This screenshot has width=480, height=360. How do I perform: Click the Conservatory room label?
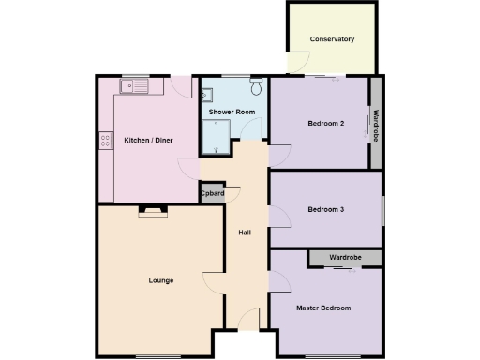pyautogui.click(x=333, y=39)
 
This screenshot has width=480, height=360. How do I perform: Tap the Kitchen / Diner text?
pyautogui.click(x=148, y=141)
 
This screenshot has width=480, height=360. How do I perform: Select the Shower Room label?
pyautogui.click(x=232, y=112)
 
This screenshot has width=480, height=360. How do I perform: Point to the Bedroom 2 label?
pyautogui.click(x=325, y=124)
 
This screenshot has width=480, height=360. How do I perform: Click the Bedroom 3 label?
pyautogui.click(x=325, y=210)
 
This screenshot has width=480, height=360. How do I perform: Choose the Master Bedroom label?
pyautogui.click(x=323, y=308)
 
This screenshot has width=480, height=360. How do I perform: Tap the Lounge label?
pyautogui.click(x=160, y=280)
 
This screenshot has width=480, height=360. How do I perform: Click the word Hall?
pyautogui.click(x=245, y=232)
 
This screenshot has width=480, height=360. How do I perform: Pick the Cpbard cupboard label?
pyautogui.click(x=212, y=194)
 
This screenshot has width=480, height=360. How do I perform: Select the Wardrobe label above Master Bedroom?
pyautogui.click(x=346, y=257)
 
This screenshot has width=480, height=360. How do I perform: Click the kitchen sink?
pyautogui.click(x=134, y=86)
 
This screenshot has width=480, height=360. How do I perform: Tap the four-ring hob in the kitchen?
pyautogui.click(x=103, y=142)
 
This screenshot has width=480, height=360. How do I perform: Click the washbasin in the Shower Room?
pyautogui.click(x=207, y=94)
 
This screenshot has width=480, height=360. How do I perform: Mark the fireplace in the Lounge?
pyautogui.click(x=150, y=211)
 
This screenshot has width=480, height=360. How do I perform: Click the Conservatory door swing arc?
pyautogui.click(x=297, y=64)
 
